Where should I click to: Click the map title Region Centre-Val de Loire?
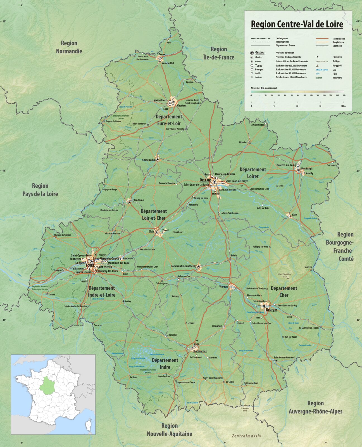coord(297,24)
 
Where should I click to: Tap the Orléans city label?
coord(206,180)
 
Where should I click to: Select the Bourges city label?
coord(271,310)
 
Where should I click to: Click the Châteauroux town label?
coord(199,351)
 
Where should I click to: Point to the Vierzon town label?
coord(223,287)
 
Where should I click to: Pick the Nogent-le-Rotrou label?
coord(114,121)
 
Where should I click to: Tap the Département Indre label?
coord(165,363)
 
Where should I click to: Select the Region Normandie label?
coord(69,47)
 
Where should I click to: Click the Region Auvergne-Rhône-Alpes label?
coord(315,407)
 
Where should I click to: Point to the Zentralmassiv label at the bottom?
coord(246,436)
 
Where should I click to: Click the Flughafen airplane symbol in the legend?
coord(318,57)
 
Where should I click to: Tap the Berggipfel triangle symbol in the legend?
coord(317,66)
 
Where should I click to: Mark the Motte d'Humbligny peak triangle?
coord(288,278)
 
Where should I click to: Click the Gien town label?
coord(294,215)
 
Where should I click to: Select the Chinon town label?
coord(52,294)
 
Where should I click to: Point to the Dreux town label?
coord(162,54)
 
